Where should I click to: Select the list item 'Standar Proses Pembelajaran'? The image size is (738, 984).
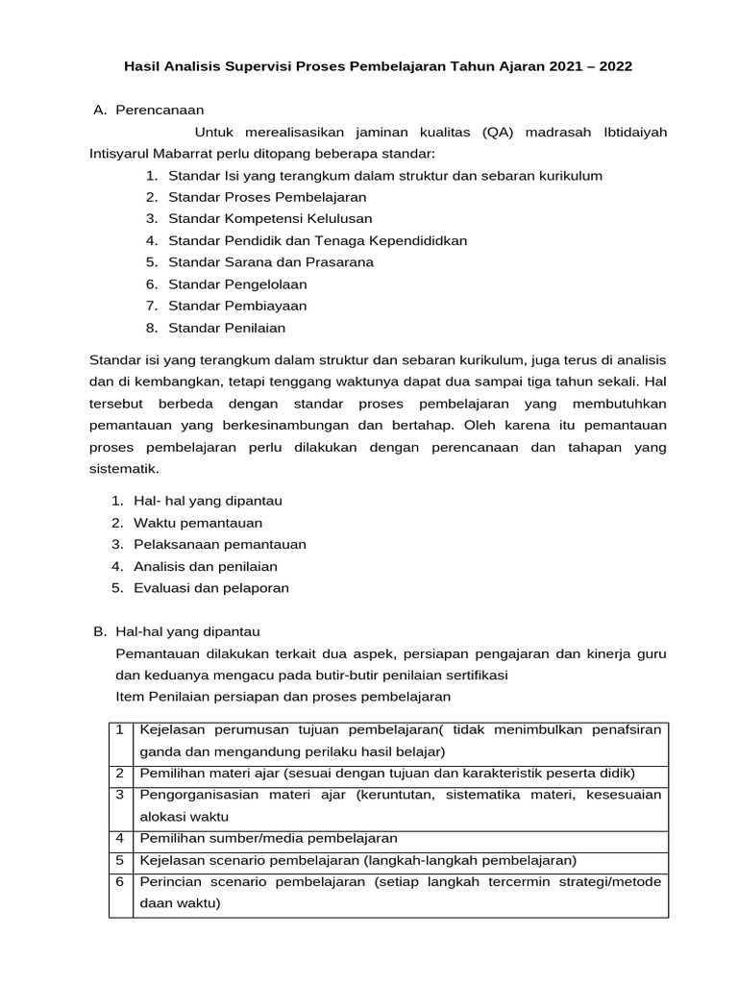click(x=267, y=197)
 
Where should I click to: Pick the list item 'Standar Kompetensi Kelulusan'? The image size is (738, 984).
click(x=270, y=218)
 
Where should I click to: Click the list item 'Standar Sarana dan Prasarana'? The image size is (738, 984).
click(x=271, y=261)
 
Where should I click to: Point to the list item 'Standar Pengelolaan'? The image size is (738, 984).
click(x=237, y=284)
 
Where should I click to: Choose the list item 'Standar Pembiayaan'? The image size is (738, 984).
click(x=237, y=306)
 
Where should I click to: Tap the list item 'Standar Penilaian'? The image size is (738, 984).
click(x=227, y=328)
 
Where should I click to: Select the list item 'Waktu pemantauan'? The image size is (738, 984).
click(x=198, y=523)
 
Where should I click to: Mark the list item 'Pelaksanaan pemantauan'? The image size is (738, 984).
click(x=220, y=544)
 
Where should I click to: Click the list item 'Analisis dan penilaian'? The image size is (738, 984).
click(x=206, y=566)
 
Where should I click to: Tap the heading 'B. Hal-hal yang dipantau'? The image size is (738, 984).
click(x=177, y=631)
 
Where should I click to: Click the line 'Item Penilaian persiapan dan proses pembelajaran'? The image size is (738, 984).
click(x=283, y=696)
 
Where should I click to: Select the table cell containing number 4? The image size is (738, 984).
click(x=120, y=838)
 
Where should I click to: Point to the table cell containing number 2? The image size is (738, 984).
click(x=120, y=773)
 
